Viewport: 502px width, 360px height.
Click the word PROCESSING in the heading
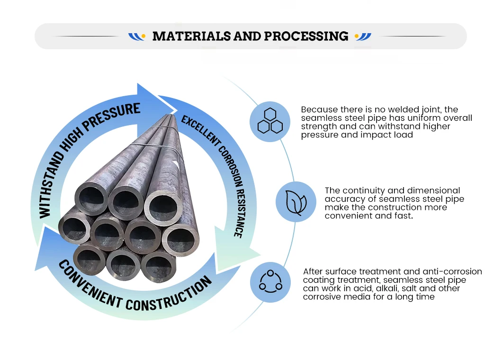[306, 36]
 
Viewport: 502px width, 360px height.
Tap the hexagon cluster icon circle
[270, 122]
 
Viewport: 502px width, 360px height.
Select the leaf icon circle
[296, 202]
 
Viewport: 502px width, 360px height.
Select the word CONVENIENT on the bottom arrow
[87, 283]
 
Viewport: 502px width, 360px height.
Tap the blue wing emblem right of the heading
[363, 36]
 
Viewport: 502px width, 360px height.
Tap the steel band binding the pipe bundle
[156, 142]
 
